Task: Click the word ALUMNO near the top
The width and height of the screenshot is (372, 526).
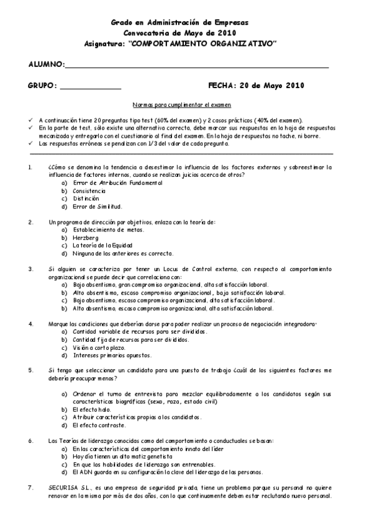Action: click(x=46, y=65)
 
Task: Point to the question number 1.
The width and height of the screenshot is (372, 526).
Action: click(x=30, y=167)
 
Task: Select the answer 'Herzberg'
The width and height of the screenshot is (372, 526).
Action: click(x=86, y=237)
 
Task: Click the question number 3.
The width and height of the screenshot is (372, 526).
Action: click(x=30, y=269)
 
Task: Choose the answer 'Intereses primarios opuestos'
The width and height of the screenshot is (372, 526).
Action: click(x=112, y=356)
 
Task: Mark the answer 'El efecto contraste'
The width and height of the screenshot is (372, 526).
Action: click(x=99, y=426)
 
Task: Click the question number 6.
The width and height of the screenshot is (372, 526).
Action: click(x=30, y=440)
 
